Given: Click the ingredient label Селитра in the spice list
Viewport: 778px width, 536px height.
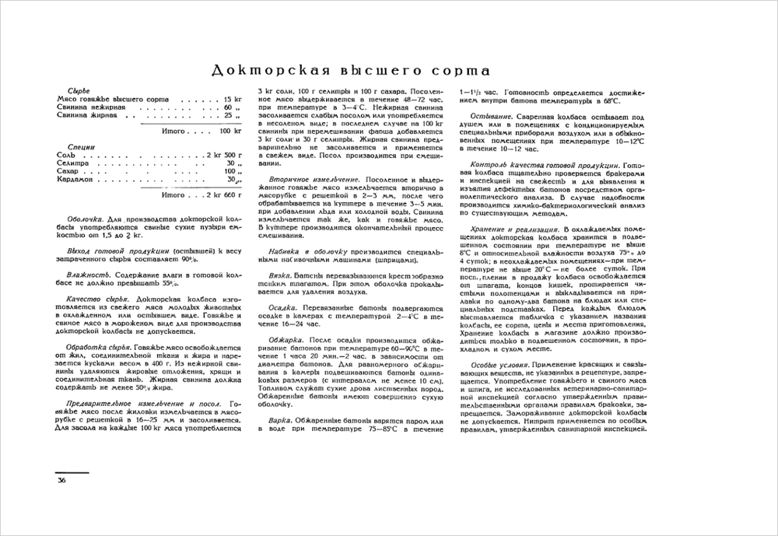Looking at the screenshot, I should point(72,163).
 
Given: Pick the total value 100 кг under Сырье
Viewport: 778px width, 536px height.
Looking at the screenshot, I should point(226,131).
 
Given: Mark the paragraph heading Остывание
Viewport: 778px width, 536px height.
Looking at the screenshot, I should point(494,115).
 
